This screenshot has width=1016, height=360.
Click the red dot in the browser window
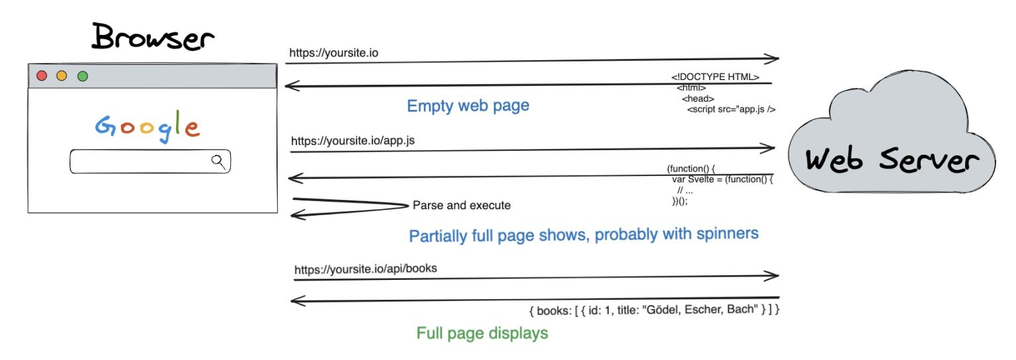42,76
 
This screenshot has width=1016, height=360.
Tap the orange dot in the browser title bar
62,76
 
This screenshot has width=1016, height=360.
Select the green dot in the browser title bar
83,76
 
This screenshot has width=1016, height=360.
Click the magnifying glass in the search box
218,161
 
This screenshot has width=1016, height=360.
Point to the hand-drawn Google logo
147,126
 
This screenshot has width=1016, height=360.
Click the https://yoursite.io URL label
334,52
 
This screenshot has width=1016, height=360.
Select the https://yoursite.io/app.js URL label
353,141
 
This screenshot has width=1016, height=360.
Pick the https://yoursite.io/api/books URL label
365,269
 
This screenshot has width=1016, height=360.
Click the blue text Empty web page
468,106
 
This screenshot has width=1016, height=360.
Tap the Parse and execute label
462,205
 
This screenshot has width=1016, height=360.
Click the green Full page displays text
482,333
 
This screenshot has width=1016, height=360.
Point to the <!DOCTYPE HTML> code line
715,77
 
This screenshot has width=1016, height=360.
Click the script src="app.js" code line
731,109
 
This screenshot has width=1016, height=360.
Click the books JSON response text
654,310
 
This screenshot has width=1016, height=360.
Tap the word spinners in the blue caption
722,234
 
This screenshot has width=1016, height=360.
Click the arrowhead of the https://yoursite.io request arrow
773,59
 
